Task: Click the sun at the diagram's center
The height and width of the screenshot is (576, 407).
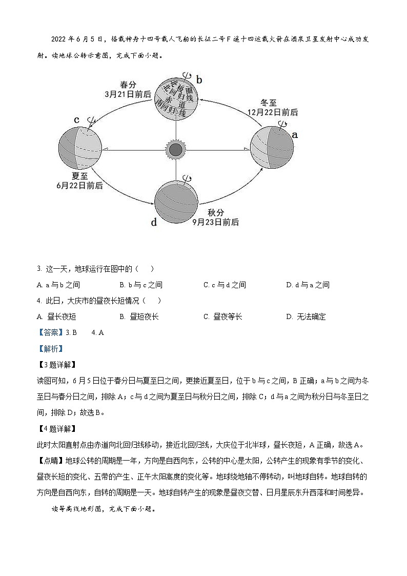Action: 176,150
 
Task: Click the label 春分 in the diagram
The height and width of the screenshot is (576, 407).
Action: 128,85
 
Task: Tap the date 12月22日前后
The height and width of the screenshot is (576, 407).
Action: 272,112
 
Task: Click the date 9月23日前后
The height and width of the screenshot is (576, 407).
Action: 215,222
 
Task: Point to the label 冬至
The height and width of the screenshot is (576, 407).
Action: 269,103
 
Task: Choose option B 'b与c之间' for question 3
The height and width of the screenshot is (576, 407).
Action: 141,285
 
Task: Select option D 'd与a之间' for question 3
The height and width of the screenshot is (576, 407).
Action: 308,285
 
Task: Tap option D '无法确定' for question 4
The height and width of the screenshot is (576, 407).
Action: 306,316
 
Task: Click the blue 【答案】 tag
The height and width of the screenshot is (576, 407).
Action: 49,332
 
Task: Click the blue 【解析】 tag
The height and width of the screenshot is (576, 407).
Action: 49,348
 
